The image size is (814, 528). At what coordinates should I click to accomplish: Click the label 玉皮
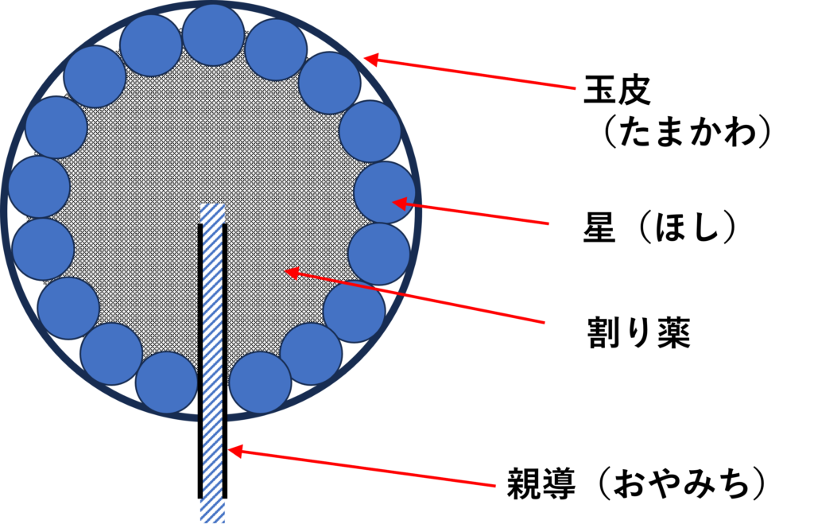pyautogui.click(x=617, y=90)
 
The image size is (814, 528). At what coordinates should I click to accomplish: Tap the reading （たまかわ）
pyautogui.click(x=684, y=132)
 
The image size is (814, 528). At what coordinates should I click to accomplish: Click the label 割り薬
pyautogui.click(x=638, y=332)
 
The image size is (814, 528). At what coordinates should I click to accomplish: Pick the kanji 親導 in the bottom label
pyautogui.click(x=541, y=483)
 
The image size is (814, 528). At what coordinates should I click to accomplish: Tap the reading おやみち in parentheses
pyautogui.click(x=681, y=483)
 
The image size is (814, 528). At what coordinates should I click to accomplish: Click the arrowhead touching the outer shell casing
pyautogui.click(x=372, y=60)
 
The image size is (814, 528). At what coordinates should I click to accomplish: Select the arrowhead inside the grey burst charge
pyautogui.click(x=293, y=273)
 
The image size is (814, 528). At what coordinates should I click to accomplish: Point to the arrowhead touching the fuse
pyautogui.click(x=235, y=451)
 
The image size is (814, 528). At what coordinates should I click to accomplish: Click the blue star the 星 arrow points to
pyautogui.click(x=385, y=192)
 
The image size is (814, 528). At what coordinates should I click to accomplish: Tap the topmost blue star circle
pyautogui.click(x=213, y=35)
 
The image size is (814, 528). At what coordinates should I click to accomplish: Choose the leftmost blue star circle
pyautogui.click(x=40, y=187)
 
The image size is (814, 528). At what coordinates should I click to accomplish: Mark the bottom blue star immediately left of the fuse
pyautogui.click(x=166, y=383)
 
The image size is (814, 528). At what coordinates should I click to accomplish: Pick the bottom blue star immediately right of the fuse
pyautogui.click(x=260, y=383)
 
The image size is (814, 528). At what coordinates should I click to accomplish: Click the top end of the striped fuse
pyautogui.click(x=213, y=204)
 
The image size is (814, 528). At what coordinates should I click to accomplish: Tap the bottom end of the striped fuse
pyautogui.click(x=213, y=522)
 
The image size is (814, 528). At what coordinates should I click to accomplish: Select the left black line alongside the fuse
pyautogui.click(x=200, y=361)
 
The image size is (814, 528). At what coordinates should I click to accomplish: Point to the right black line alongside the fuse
pyautogui.click(x=225, y=361)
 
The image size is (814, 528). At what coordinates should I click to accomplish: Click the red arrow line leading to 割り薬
pyautogui.click(x=415, y=297)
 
